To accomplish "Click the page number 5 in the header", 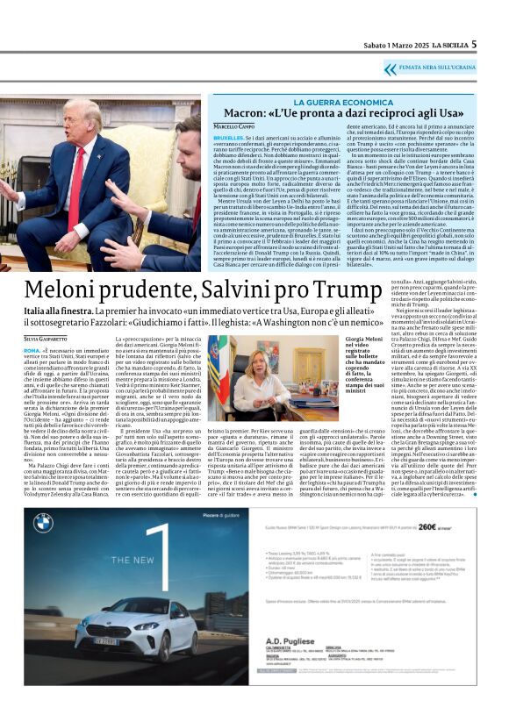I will pos(498,44).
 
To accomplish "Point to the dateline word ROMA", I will pos(32,348).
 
